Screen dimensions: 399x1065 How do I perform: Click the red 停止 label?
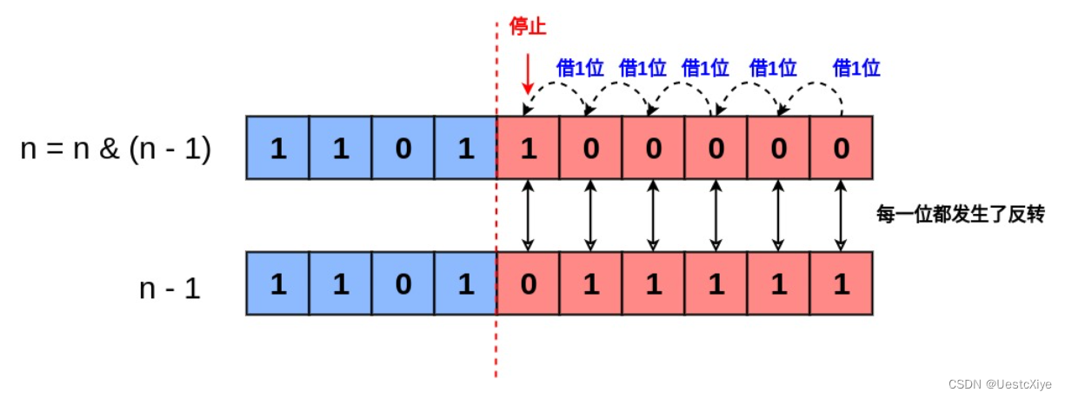pos(528,28)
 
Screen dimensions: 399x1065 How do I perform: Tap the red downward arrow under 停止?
pos(528,76)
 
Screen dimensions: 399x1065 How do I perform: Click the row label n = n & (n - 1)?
pos(116,150)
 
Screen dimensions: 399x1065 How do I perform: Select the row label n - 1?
pos(170,288)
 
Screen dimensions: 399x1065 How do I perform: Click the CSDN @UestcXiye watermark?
pos(999,383)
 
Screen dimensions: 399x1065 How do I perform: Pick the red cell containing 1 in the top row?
pos(528,149)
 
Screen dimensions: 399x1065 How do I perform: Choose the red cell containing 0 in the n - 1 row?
pos(528,284)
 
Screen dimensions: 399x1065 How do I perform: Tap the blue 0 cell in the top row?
pos(403,149)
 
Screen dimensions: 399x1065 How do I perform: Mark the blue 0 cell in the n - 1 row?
pos(403,284)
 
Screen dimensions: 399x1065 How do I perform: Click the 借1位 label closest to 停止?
pos(580,68)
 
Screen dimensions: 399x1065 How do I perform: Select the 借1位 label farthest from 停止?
pos(856,68)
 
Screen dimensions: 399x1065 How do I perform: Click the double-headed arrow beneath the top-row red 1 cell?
pos(528,216)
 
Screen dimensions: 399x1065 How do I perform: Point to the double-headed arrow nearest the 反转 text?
pos(841,216)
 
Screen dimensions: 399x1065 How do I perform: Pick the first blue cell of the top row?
pos(278,149)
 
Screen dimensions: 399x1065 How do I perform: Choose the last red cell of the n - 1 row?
pos(841,284)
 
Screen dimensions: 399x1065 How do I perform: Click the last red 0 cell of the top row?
pos(841,149)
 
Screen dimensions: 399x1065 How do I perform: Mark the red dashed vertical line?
pos(496,348)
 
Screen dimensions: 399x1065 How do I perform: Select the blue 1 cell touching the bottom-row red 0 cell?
pos(465,284)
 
